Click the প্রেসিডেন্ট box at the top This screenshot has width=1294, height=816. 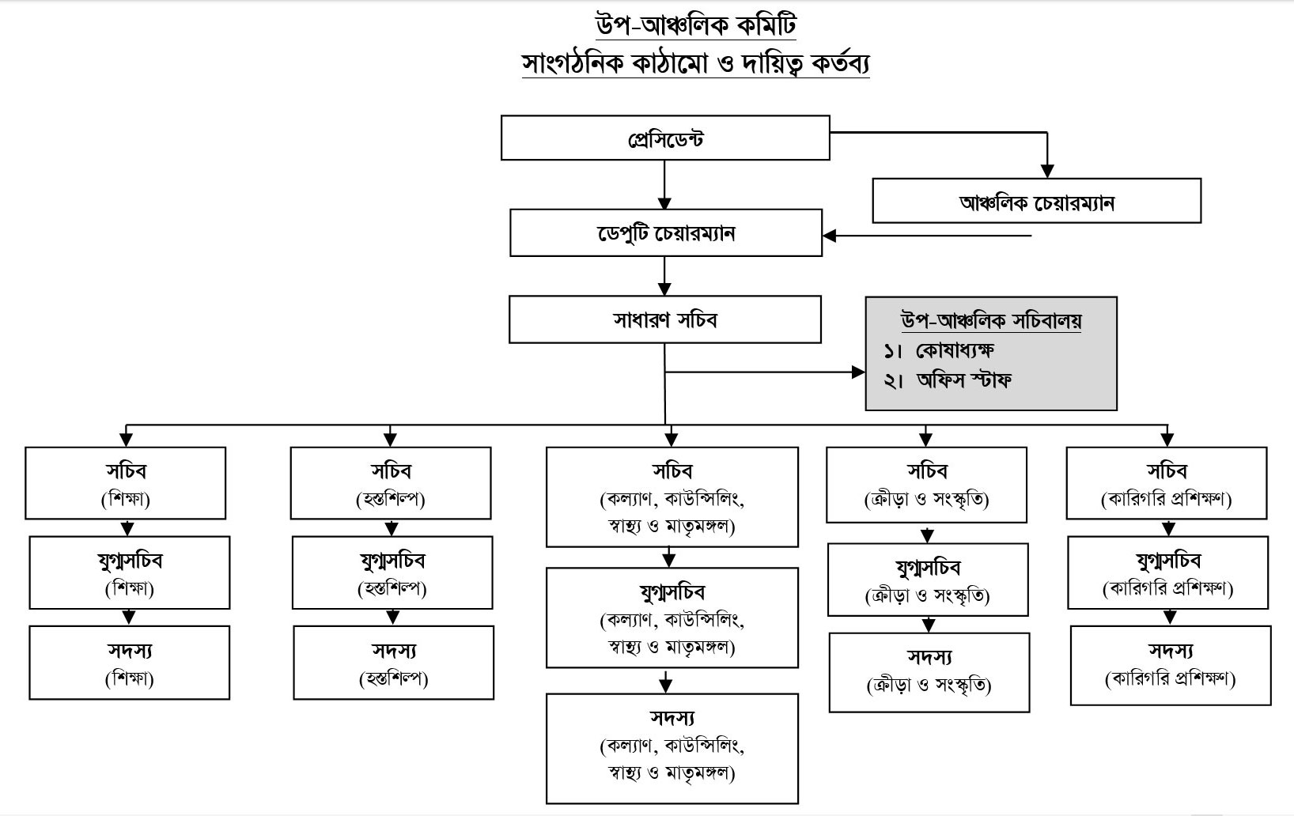(x=665, y=138)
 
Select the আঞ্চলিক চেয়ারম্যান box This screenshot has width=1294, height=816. (x=1036, y=201)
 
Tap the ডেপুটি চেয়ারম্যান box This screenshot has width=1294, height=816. (x=665, y=233)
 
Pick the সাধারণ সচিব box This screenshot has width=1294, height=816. (x=665, y=320)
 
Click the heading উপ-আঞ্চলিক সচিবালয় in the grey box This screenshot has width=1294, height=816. (x=991, y=320)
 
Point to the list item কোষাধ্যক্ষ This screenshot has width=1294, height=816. (x=954, y=349)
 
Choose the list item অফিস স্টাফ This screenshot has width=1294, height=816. (x=963, y=380)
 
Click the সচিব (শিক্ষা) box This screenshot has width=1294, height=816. (x=126, y=483)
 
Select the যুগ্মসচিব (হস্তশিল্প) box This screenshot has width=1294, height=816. (x=392, y=573)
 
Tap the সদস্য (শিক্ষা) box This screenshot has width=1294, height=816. (x=129, y=663)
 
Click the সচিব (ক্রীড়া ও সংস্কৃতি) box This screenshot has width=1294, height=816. (x=926, y=485)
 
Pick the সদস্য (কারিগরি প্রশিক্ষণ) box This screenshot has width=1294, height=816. (x=1171, y=664)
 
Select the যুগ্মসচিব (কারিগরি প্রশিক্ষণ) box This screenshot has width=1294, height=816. (x=1168, y=573)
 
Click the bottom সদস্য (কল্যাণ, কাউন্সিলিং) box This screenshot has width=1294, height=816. (x=672, y=747)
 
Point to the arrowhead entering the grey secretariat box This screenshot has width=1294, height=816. (x=859, y=372)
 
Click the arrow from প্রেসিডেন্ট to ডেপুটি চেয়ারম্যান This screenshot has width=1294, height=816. (x=664, y=185)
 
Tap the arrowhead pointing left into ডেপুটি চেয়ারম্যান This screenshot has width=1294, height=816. (x=830, y=236)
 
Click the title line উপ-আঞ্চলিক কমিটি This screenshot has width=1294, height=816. (x=696, y=25)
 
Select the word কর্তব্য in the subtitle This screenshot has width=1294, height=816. (x=835, y=63)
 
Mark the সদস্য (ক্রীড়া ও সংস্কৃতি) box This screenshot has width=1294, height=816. (x=929, y=672)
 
